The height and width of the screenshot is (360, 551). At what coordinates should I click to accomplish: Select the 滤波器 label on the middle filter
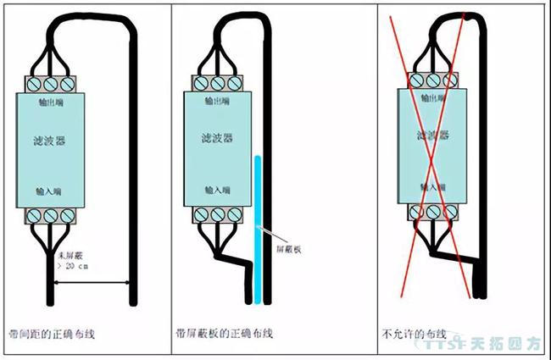218,137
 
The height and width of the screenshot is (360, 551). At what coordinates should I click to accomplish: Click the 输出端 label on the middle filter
218,101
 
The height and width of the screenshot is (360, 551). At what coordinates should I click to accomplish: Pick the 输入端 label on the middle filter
218,186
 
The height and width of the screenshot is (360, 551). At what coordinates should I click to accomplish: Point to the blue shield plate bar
256,229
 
